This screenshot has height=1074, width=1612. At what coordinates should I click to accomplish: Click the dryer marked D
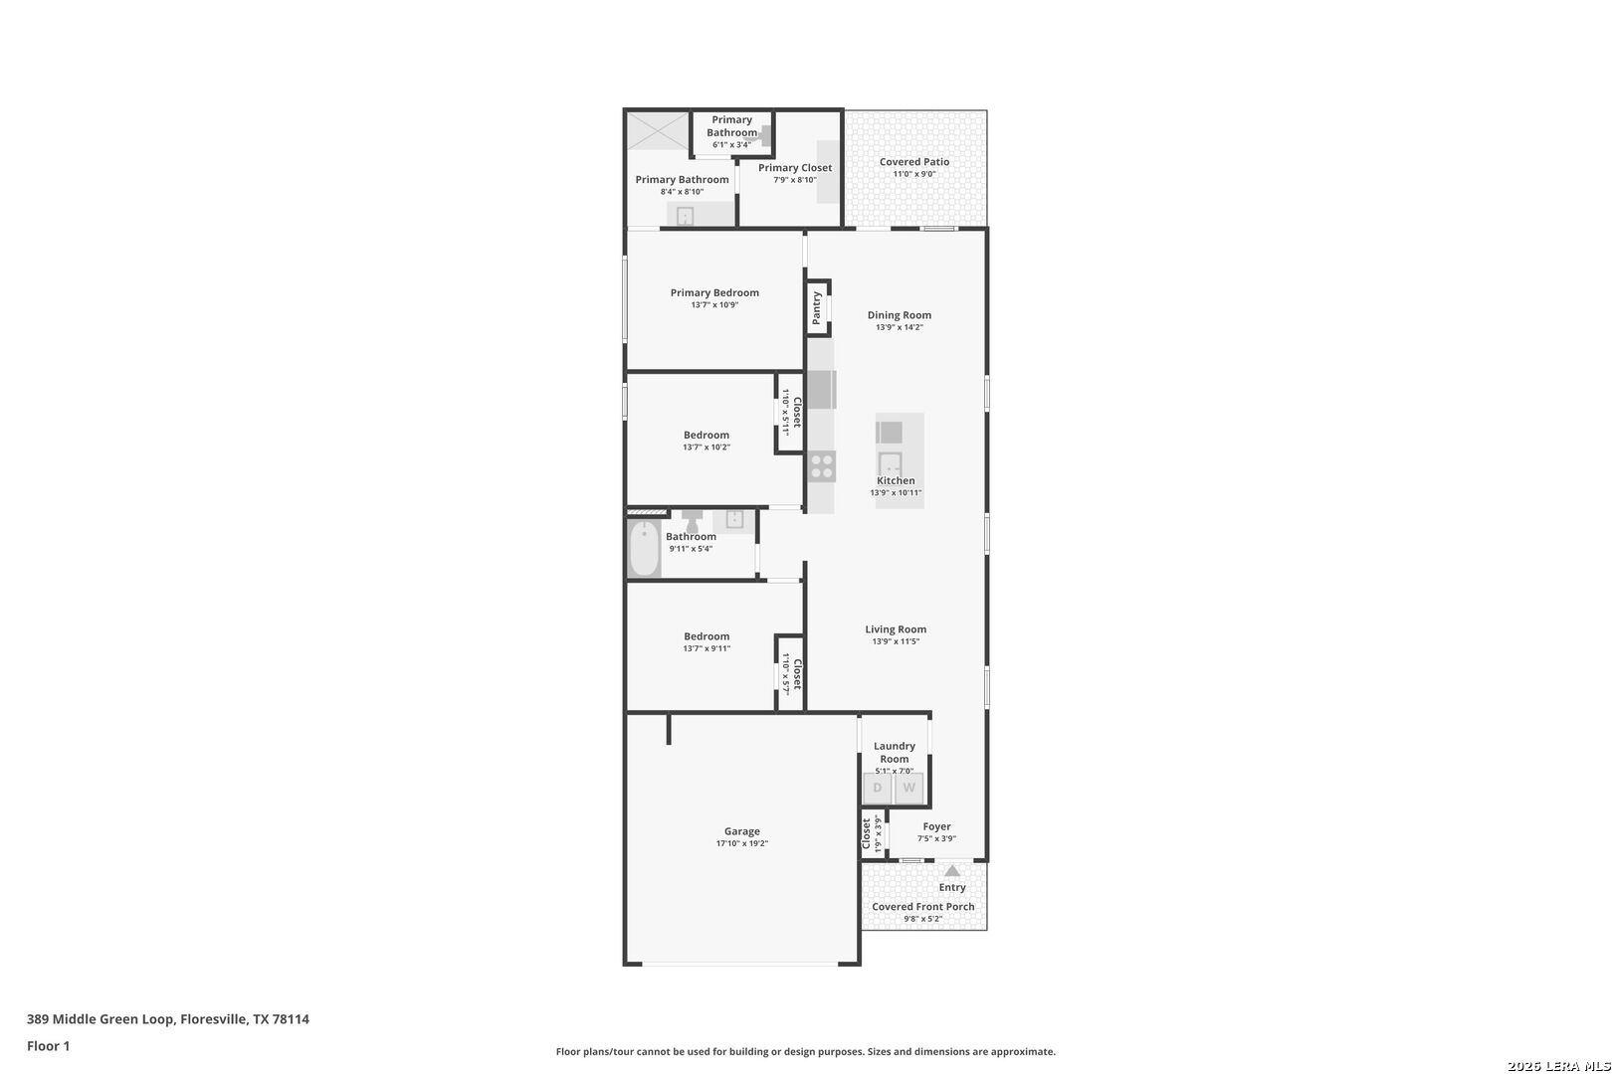pos(878,789)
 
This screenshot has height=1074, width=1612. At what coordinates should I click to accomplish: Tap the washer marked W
pos(908,789)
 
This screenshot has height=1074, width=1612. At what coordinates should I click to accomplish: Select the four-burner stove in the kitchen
pos(822,466)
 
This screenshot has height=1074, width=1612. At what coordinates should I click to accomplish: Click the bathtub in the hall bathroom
pos(644,549)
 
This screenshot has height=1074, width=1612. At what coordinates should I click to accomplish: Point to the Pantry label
pos(816,308)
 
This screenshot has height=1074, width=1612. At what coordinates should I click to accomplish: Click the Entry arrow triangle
pos(952,871)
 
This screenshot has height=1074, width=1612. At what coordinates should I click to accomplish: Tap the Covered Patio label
pos(913,162)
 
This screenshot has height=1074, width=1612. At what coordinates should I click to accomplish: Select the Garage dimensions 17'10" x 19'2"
pos(742,844)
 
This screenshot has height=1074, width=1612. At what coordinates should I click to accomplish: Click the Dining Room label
pos(899,315)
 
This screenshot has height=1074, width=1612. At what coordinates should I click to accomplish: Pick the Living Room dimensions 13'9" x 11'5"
pos(896,641)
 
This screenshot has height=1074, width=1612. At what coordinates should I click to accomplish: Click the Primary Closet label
pos(794,168)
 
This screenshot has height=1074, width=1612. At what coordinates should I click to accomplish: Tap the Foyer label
pos(936,826)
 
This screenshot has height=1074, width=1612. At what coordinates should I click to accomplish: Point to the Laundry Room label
pos(895,753)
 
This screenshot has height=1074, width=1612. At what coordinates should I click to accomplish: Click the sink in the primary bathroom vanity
pos(685,215)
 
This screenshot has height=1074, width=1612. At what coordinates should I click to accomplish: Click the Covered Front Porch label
pos(923,906)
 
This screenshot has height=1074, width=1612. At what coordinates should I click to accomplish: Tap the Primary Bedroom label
pos(714,292)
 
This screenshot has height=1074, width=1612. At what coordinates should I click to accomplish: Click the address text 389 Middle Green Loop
pos(101,1019)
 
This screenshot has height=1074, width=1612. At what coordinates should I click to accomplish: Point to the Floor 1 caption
pos(48,1046)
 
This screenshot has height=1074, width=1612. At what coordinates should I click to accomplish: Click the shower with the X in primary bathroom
pos(658,130)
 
